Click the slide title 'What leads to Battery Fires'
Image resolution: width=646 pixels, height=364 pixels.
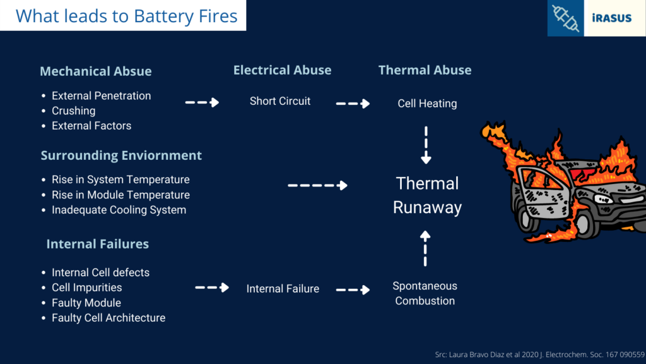click(126, 16)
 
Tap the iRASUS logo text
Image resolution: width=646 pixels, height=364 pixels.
click(612, 18)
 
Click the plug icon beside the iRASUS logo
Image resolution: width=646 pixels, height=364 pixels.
click(565, 18)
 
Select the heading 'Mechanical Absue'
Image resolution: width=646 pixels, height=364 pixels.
click(96, 71)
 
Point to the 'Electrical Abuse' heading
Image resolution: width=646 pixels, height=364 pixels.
click(282, 70)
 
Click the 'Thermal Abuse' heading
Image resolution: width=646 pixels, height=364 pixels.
click(425, 70)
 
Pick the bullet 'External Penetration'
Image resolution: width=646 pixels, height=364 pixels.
click(101, 96)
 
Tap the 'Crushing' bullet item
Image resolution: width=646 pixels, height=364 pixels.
click(73, 111)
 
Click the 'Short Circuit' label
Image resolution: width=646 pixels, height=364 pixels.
click(279, 101)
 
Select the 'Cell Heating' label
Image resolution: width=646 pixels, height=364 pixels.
click(427, 104)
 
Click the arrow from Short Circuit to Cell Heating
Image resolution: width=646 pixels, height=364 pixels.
click(353, 104)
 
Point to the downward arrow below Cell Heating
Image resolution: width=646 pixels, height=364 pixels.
click(426, 145)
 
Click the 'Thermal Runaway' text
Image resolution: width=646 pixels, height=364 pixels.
click(427, 195)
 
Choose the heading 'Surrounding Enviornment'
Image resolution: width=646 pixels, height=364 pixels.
click(121, 155)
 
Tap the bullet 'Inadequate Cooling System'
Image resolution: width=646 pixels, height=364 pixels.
click(119, 210)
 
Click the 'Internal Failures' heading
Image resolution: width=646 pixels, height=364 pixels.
click(98, 244)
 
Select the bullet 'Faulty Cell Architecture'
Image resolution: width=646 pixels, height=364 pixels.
click(109, 318)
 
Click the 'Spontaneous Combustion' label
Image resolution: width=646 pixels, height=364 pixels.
click(425, 293)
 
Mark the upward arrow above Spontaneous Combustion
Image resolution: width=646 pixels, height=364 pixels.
click(425, 248)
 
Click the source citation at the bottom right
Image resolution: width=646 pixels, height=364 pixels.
click(540, 355)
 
